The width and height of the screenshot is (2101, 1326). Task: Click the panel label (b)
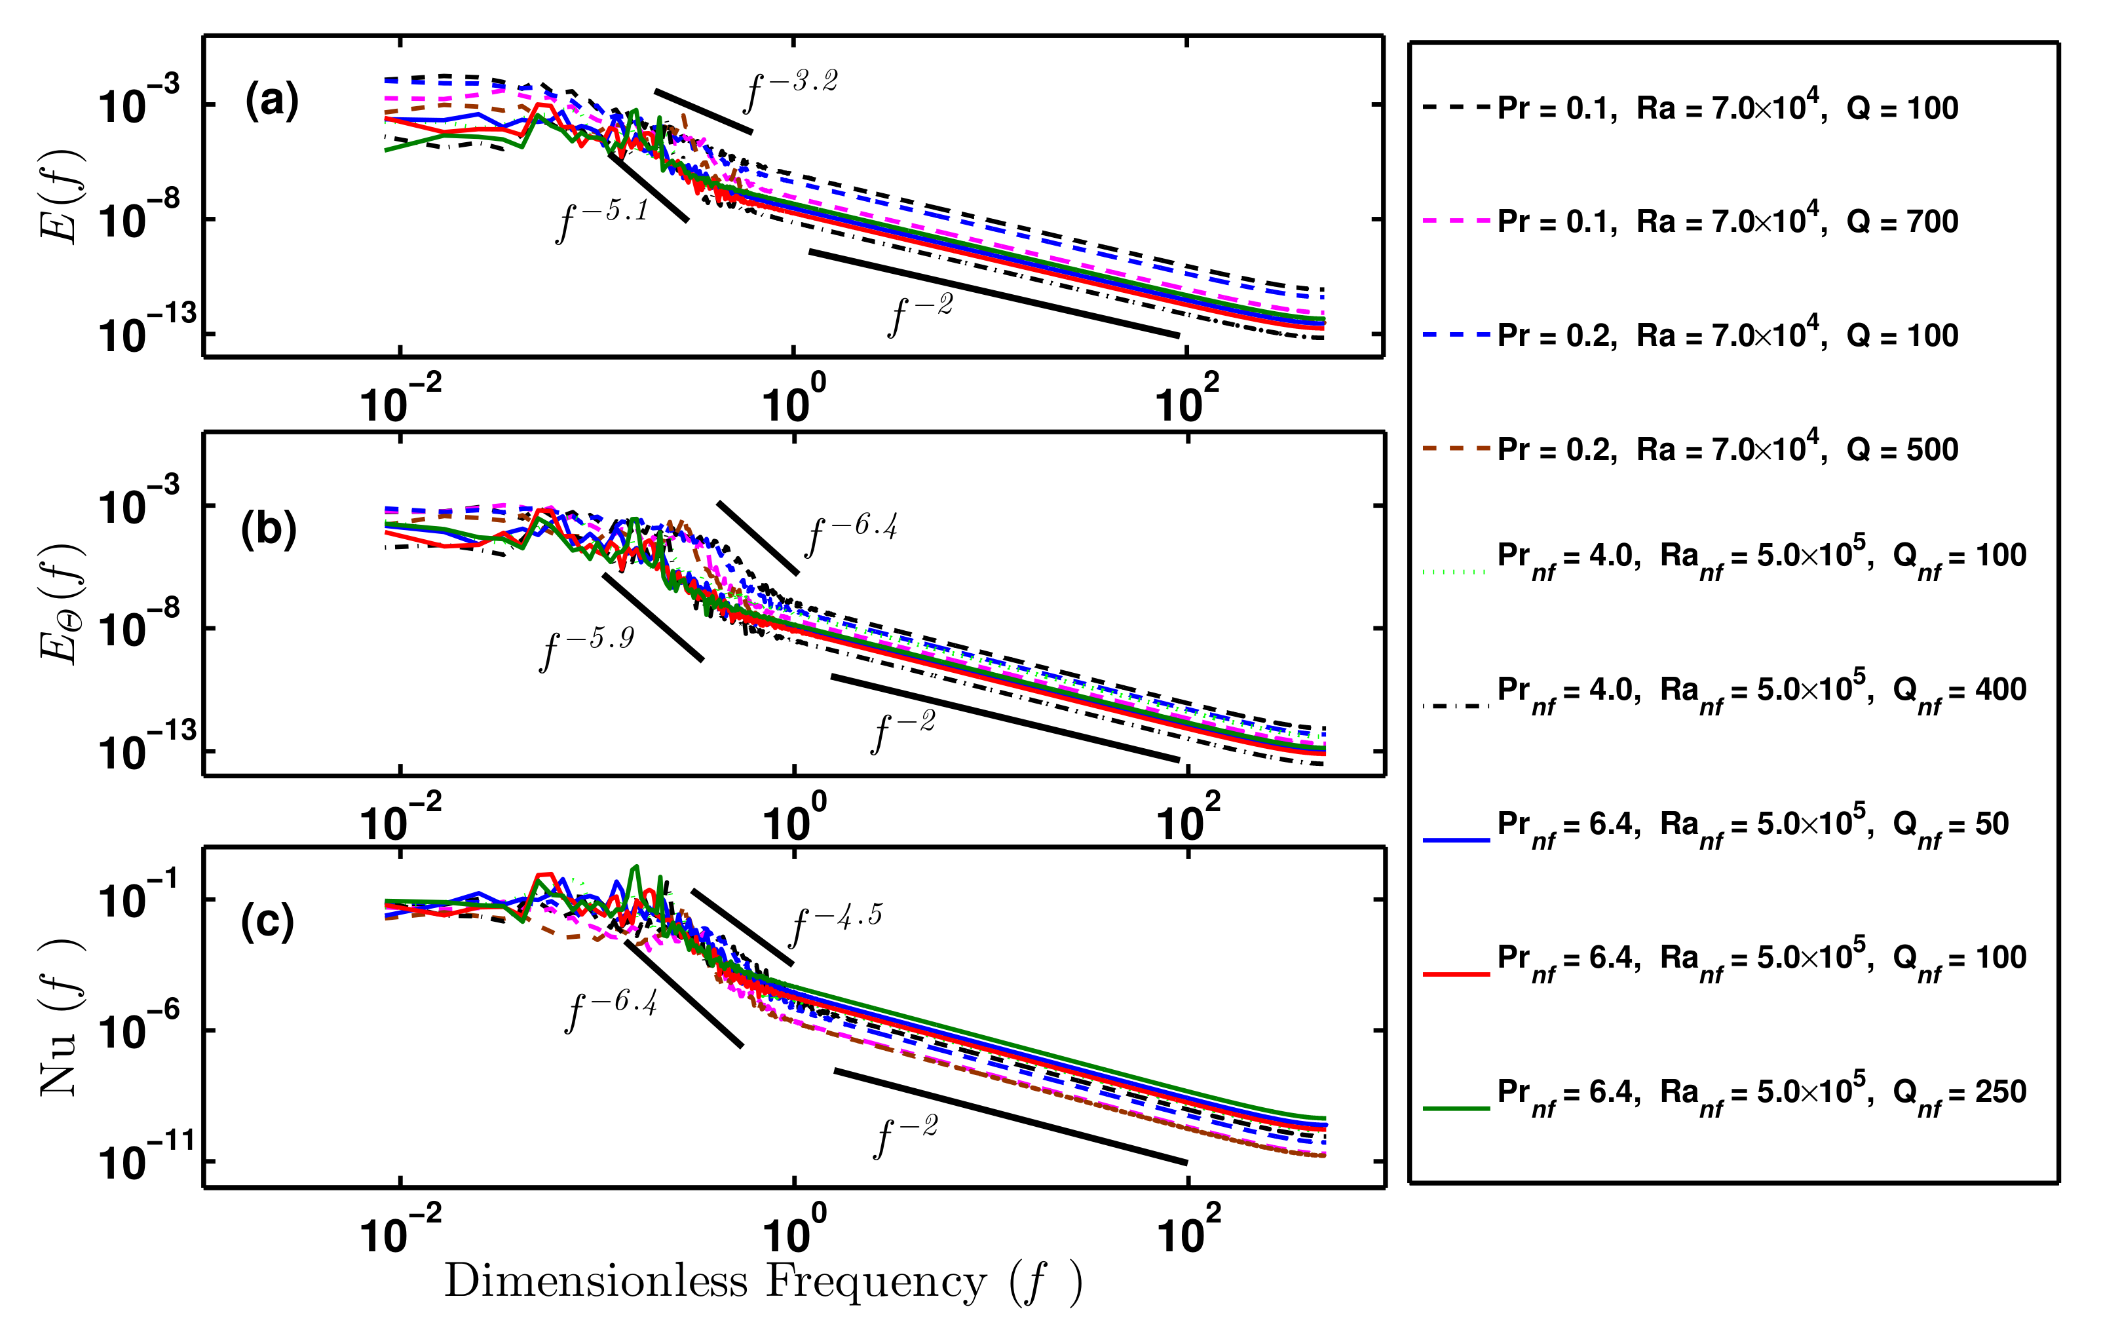[x=269, y=529]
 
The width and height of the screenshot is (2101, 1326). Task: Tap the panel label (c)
[x=267, y=921]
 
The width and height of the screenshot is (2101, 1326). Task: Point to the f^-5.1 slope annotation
[x=602, y=220]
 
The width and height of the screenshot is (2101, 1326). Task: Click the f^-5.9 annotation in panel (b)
[x=586, y=647]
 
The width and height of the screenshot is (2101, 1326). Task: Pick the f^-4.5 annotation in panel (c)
[x=835, y=924]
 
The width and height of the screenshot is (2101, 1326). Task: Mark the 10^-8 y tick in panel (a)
[x=139, y=218]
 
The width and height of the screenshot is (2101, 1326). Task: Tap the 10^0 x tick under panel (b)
[x=793, y=822]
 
